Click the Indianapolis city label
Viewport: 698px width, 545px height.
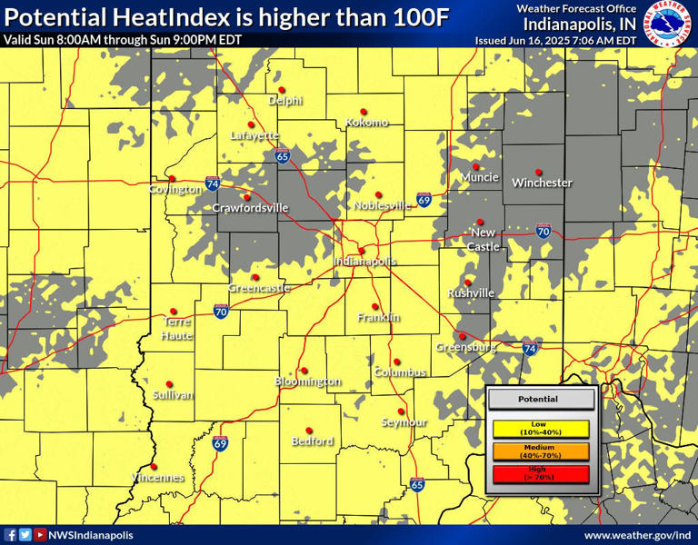pyautogui.click(x=365, y=261)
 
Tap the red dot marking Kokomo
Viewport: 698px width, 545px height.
pyautogui.click(x=363, y=111)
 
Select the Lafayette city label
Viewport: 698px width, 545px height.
pyautogui.click(x=254, y=134)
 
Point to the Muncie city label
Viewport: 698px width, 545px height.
pyautogui.click(x=479, y=177)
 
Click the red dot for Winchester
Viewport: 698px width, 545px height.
pyautogui.click(x=539, y=171)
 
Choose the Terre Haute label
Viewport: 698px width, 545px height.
pyautogui.click(x=177, y=328)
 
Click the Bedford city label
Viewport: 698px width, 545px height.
pyautogui.click(x=313, y=441)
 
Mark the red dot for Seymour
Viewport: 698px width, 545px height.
pyautogui.click(x=401, y=411)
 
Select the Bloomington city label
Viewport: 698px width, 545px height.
pyautogui.click(x=308, y=381)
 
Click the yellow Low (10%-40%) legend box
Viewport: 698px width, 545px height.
pyautogui.click(x=541, y=428)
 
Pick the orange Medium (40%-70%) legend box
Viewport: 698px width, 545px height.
pyautogui.click(x=541, y=451)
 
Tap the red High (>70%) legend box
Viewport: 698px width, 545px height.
pyautogui.click(x=541, y=473)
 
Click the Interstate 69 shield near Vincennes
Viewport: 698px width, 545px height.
pyautogui.click(x=220, y=443)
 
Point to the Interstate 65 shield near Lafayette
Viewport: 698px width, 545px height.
pyautogui.click(x=283, y=156)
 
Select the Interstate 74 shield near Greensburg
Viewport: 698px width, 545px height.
pyautogui.click(x=531, y=347)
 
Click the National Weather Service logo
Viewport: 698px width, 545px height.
pyautogui.click(x=666, y=23)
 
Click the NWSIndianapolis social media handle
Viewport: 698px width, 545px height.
pyautogui.click(x=90, y=535)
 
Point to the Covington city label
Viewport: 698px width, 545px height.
pyautogui.click(x=175, y=189)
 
